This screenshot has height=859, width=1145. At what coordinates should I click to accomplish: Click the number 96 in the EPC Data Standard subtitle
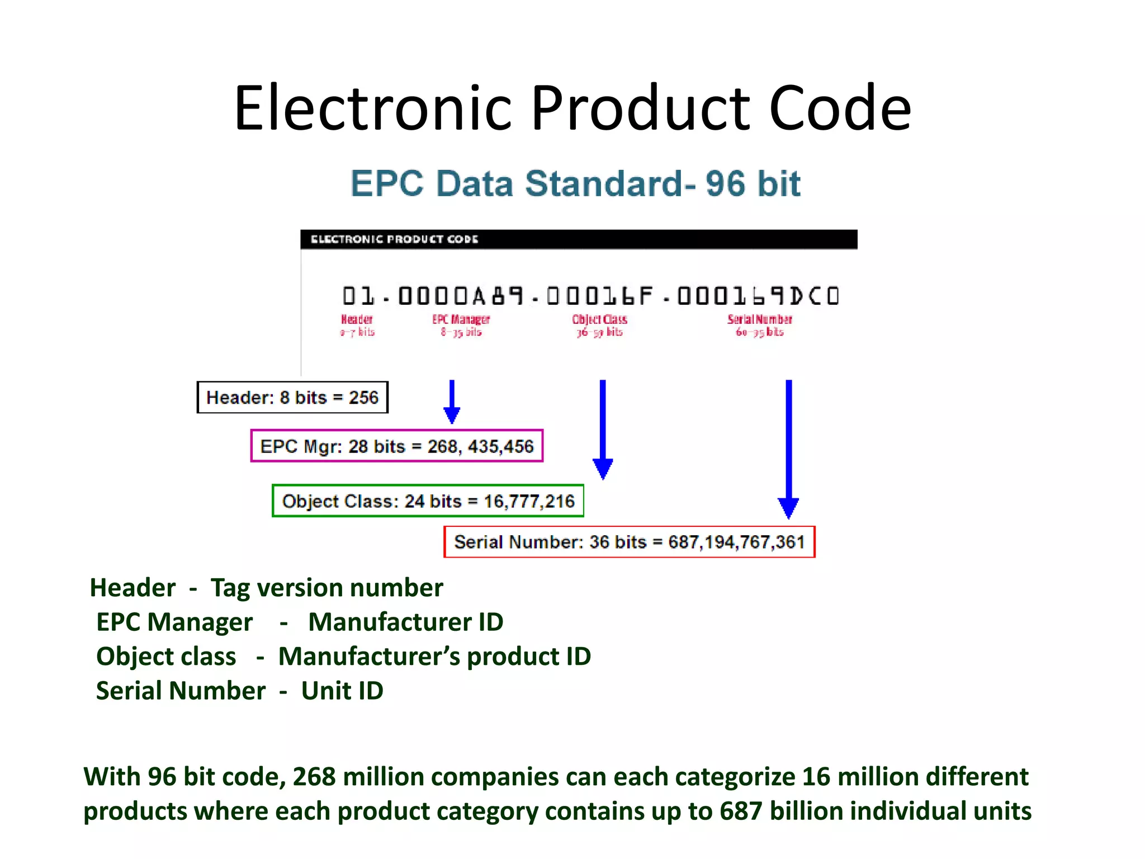point(725,183)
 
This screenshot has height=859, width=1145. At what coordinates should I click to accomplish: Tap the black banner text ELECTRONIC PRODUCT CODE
point(394,239)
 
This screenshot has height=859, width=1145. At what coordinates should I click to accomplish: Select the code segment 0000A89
point(461,296)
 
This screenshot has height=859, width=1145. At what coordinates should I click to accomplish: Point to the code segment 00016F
point(599,296)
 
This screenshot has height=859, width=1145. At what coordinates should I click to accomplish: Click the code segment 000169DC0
point(758,296)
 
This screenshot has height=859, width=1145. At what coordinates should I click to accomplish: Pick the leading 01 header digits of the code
point(358,296)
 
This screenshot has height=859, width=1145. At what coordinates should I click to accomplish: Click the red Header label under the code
point(357,320)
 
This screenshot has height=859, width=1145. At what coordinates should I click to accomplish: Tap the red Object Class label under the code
point(599,320)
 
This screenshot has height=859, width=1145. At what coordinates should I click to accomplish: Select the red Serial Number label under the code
point(759,320)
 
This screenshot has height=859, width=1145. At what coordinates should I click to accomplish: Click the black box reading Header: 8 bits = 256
point(292,398)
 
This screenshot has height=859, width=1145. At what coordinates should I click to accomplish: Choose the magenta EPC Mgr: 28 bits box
point(397,446)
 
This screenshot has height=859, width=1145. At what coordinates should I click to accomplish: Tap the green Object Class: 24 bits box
point(428,501)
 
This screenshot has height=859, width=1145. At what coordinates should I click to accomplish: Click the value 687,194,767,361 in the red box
point(736,542)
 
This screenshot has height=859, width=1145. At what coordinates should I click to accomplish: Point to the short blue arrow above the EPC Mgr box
point(452,402)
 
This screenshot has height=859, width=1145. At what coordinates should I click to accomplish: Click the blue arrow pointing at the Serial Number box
point(788,447)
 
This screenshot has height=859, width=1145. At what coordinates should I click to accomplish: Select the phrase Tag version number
point(327,588)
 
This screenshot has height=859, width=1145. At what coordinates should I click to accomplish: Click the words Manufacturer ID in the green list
point(405,622)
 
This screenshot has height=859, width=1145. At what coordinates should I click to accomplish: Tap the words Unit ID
point(342,691)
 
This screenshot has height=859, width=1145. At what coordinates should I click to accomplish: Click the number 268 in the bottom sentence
point(314,777)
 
